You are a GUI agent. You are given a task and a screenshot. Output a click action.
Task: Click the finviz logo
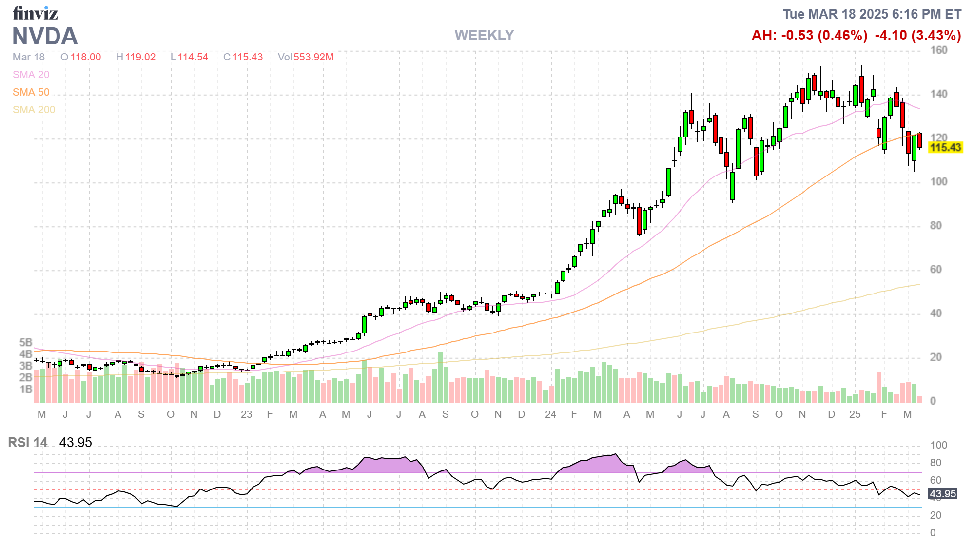(35, 13)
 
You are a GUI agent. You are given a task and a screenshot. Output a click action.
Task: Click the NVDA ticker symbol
(45, 37)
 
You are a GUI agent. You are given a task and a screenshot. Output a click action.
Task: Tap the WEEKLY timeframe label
(484, 35)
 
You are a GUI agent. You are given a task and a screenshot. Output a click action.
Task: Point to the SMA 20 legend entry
(31, 75)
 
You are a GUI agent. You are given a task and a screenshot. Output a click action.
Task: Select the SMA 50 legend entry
(31, 92)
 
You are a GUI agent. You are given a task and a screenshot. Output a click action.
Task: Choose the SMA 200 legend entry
(34, 110)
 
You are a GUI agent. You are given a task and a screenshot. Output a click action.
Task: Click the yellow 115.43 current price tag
(945, 147)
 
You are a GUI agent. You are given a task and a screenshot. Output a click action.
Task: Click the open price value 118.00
(86, 57)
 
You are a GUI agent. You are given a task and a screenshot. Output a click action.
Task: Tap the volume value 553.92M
(313, 57)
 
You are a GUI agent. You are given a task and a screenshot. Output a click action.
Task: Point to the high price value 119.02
(140, 57)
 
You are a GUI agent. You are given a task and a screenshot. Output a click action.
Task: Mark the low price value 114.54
(193, 57)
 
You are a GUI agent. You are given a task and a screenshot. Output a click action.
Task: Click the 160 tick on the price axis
(938, 50)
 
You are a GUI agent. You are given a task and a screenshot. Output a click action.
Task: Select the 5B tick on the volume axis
(26, 342)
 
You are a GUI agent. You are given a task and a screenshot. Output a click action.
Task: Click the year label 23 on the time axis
(246, 414)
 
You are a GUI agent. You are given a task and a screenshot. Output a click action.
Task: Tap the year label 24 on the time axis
(550, 414)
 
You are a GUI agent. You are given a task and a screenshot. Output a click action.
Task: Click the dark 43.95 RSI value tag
(943, 493)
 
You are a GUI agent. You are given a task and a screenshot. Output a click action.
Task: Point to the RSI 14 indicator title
(28, 443)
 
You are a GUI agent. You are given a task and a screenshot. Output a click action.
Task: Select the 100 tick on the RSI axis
(938, 445)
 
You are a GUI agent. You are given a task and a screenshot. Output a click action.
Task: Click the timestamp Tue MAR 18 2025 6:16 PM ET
(872, 14)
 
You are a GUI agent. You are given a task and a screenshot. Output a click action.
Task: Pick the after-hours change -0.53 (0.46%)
(809, 35)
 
